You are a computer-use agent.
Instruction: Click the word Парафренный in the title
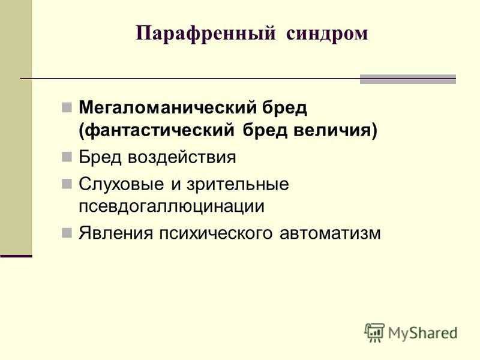pyautogui.click(x=206, y=34)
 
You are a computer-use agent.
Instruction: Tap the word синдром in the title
pyautogui.click(x=327, y=34)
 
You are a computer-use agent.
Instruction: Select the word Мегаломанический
pyautogui.click(x=167, y=107)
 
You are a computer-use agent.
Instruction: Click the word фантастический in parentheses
pyautogui.click(x=157, y=131)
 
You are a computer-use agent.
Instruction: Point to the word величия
pyautogui.click(x=335, y=131)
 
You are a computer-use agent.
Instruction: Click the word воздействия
pyautogui.click(x=182, y=157)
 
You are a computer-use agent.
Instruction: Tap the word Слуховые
pyautogui.click(x=121, y=184)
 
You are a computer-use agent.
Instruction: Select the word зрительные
pyautogui.click(x=238, y=184)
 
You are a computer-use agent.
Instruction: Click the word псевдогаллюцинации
pyautogui.click(x=172, y=206)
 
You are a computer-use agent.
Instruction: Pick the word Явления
pyautogui.click(x=116, y=233)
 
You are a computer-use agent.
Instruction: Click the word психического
pyautogui.click(x=215, y=233)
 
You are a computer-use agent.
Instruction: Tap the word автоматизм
pyautogui.click(x=330, y=233)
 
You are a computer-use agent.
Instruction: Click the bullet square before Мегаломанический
pyautogui.click(x=67, y=107)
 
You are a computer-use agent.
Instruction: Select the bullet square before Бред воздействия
pyautogui.click(x=67, y=157)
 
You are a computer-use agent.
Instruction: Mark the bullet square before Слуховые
pyautogui.click(x=67, y=184)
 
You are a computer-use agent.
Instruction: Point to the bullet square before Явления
pyautogui.click(x=67, y=233)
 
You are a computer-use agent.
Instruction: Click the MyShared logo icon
pyautogui.click(x=374, y=332)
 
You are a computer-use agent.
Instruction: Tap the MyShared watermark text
pyautogui.click(x=423, y=333)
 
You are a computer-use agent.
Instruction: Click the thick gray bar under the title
pyautogui.click(x=408, y=79)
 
